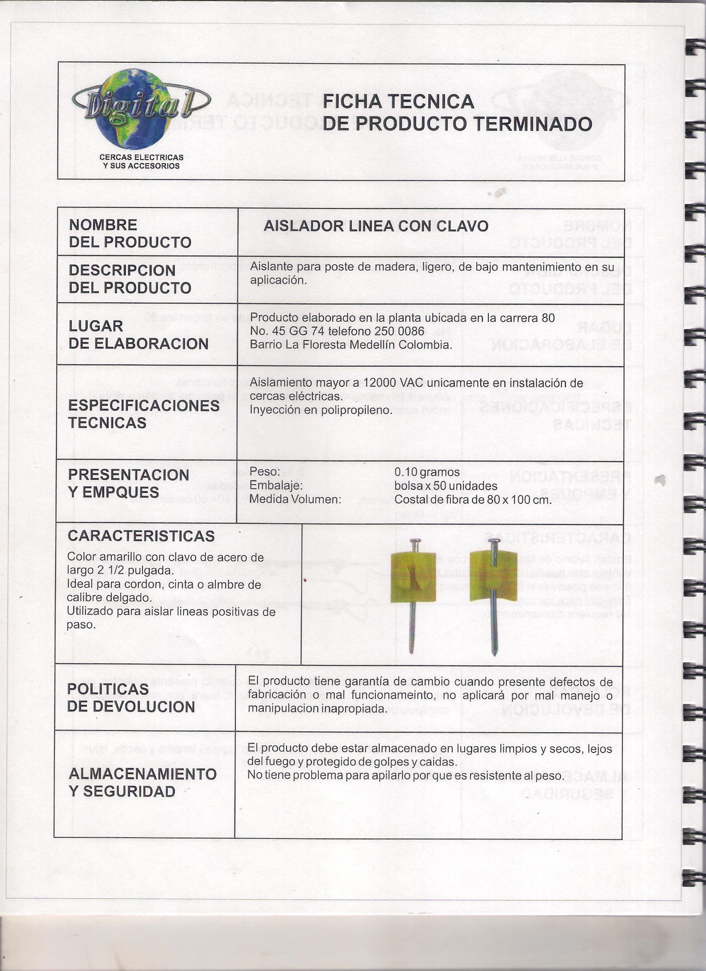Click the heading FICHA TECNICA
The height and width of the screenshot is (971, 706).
pyautogui.click(x=398, y=101)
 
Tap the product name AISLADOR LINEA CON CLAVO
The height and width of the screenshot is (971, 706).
pyautogui.click(x=375, y=226)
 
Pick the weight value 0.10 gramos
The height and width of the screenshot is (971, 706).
pyautogui.click(x=427, y=472)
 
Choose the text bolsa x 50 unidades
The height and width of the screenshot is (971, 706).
pyautogui.click(x=445, y=486)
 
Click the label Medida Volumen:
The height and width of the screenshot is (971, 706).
pyautogui.click(x=295, y=499)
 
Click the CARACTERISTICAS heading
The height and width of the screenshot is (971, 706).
pyautogui.click(x=141, y=536)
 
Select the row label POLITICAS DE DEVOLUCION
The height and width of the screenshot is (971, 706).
pyautogui.click(x=130, y=698)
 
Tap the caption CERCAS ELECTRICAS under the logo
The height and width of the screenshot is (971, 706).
pyautogui.click(x=141, y=157)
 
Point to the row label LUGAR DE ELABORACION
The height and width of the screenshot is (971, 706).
pyautogui.click(x=138, y=335)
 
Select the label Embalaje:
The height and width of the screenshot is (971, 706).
pyautogui.click(x=276, y=486)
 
